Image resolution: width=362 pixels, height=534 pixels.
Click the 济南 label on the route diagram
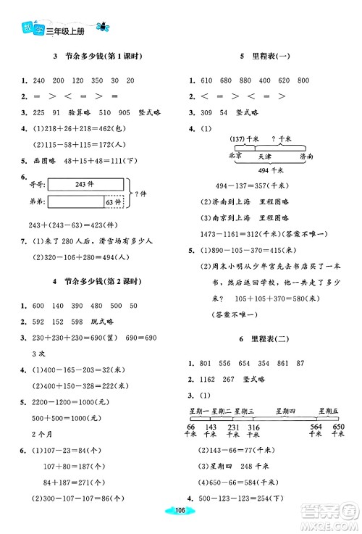click(306, 156)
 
